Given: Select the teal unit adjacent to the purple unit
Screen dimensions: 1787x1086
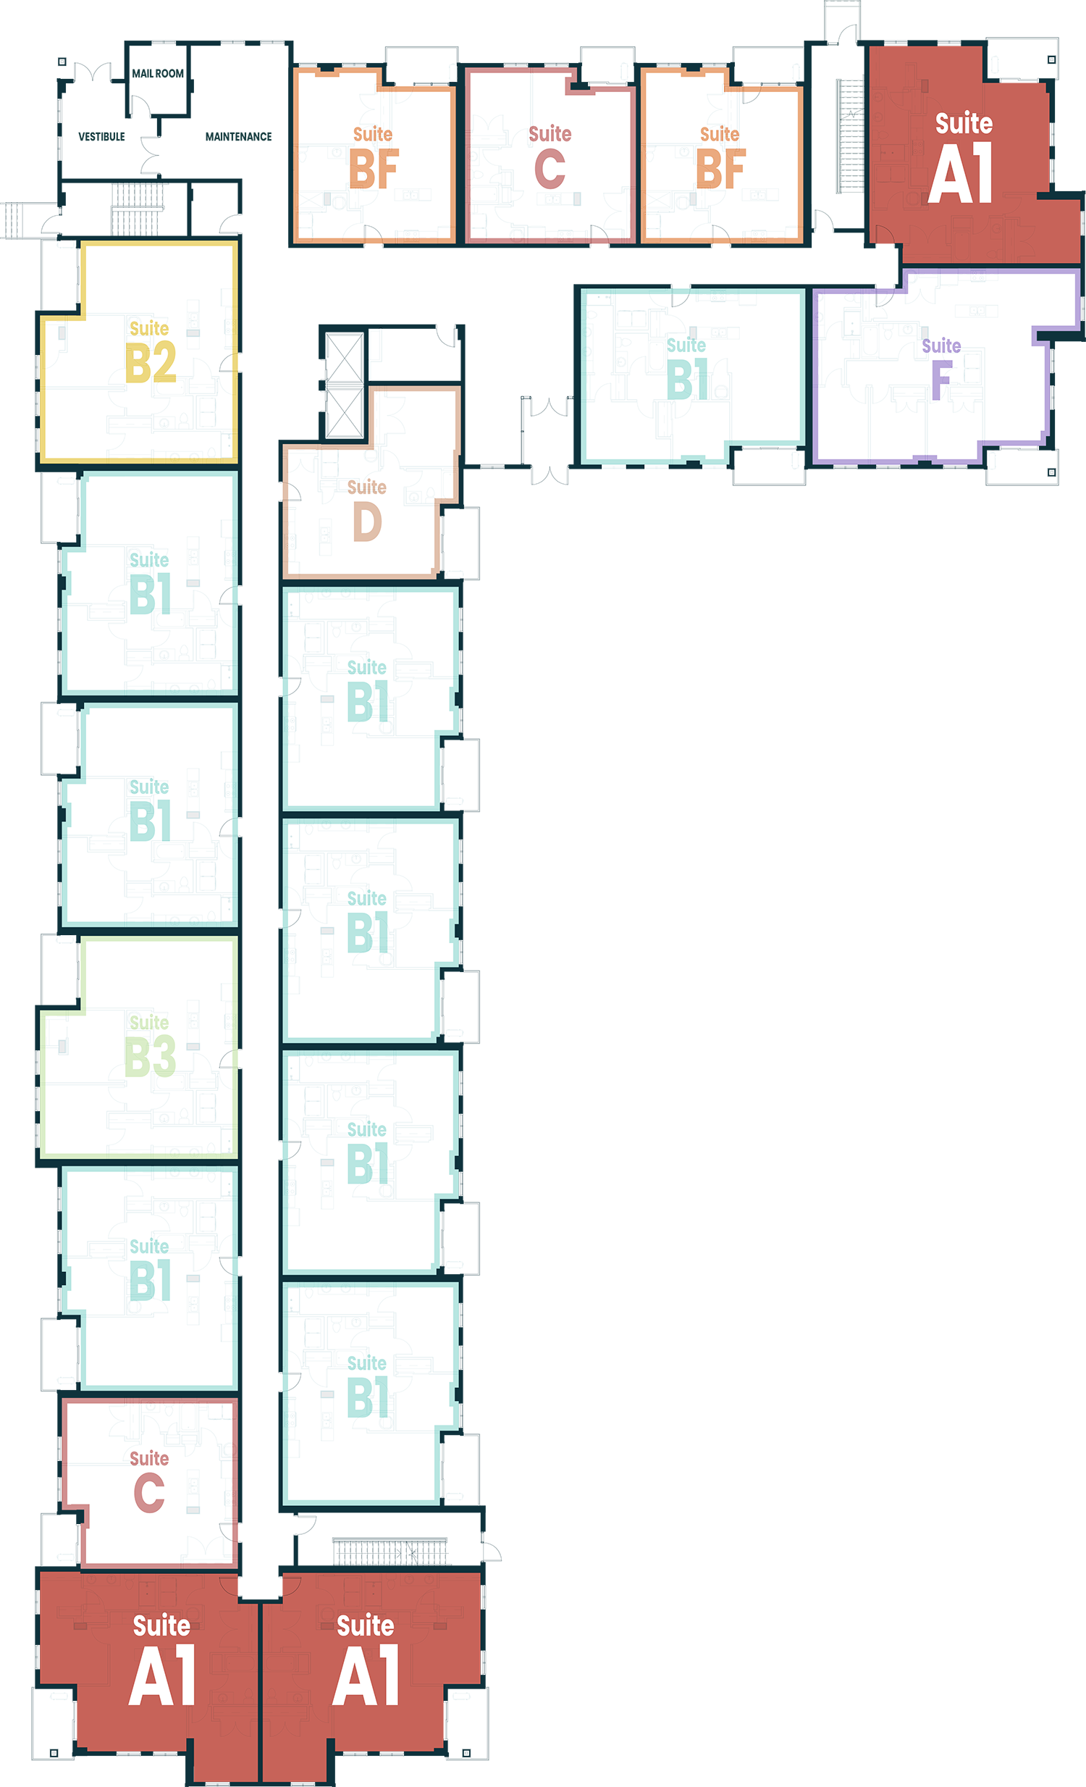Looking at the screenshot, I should (x=783, y=421).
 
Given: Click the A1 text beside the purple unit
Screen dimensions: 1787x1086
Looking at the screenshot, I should (x=961, y=174).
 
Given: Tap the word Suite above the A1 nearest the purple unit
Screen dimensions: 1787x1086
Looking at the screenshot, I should (x=964, y=124).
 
